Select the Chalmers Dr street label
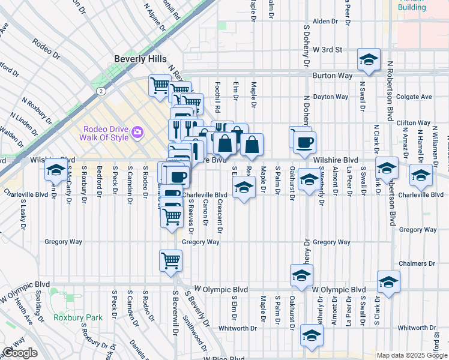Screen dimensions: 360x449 417,264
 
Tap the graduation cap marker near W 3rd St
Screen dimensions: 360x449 369,59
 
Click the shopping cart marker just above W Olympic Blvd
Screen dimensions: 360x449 171,261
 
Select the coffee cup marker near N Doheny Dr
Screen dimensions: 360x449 304,142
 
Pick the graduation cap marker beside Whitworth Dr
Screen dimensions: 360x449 311,336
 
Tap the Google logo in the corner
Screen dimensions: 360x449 20,353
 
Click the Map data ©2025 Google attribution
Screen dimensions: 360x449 411,355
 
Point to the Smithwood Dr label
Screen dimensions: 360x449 194,335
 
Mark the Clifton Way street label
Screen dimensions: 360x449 414,123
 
